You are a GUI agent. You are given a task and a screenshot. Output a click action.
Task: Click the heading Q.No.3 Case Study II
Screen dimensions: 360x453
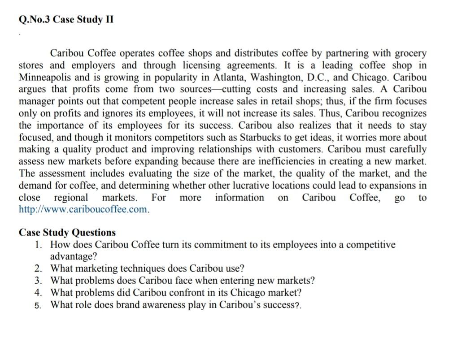tap(66, 20)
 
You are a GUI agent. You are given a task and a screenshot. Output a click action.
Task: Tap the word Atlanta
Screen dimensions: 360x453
tap(230, 77)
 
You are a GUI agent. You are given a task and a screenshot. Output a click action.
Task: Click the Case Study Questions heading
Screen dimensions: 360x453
tap(67, 232)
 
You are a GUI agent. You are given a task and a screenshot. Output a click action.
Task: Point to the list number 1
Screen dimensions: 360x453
tap(39, 245)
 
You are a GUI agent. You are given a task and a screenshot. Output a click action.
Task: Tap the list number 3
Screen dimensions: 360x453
tap(39, 281)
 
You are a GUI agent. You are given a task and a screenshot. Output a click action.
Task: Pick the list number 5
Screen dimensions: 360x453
tap(39, 305)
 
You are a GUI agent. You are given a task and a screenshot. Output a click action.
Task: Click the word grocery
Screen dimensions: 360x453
tap(410, 53)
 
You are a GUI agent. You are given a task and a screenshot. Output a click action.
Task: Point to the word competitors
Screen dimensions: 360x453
tap(187, 137)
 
